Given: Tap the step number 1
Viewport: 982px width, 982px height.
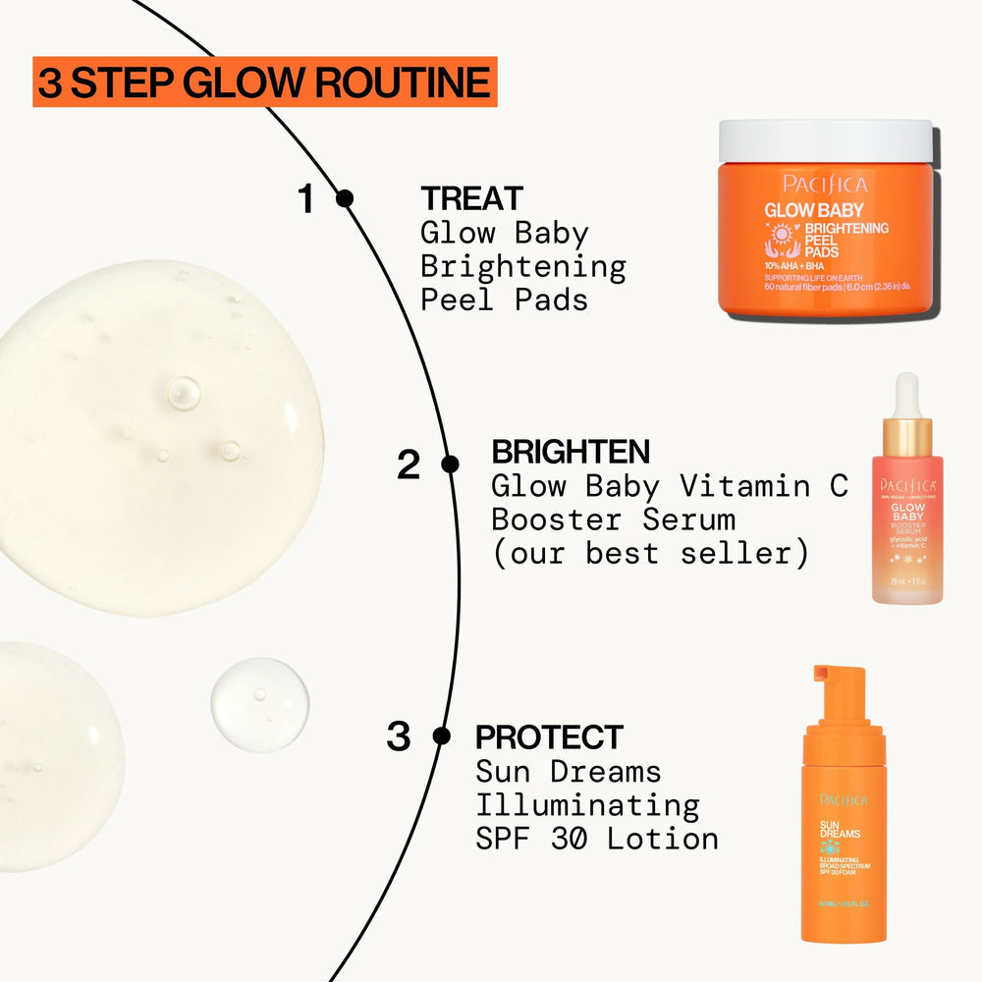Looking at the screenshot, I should pos(306,199).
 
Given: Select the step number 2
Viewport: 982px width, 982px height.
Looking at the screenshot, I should pos(409,465).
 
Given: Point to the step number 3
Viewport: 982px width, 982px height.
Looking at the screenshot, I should pos(398,736).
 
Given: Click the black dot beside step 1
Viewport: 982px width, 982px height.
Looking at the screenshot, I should pos(345,198).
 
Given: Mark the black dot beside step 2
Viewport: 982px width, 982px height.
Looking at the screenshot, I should pos(450,464).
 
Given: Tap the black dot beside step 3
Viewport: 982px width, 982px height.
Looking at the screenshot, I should pos(442,735).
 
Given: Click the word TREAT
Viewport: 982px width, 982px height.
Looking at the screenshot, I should pos(471,198).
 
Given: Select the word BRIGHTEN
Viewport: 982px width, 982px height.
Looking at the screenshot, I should pos(571,452).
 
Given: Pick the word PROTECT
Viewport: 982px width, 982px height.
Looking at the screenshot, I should pos(549,736).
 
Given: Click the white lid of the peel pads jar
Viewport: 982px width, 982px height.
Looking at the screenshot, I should pos(825,139).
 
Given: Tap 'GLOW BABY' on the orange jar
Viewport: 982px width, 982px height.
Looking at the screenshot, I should pos(813,209).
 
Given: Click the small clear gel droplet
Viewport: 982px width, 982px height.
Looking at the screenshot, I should pos(260,704).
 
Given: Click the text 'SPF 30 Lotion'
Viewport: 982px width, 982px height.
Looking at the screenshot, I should pos(597,839).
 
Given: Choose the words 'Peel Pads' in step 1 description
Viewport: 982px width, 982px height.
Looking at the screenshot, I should pos(504,300).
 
